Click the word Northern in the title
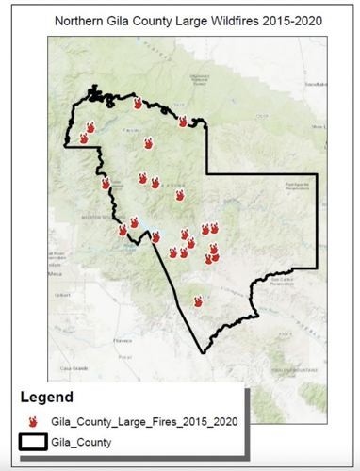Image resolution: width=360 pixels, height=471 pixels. pyautogui.click(x=80, y=20)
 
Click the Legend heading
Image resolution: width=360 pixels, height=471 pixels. pyautogui.click(x=46, y=398)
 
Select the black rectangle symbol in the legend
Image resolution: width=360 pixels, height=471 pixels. pyautogui.click(x=32, y=442)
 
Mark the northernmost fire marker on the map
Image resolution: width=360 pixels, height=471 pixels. pyautogui.click(x=138, y=103)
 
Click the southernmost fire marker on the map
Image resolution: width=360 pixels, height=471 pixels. pyautogui.click(x=198, y=301)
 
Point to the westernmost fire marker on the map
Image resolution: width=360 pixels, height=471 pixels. pyautogui.click(x=83, y=138)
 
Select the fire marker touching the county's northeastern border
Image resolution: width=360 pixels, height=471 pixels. pyautogui.click(x=183, y=121)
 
